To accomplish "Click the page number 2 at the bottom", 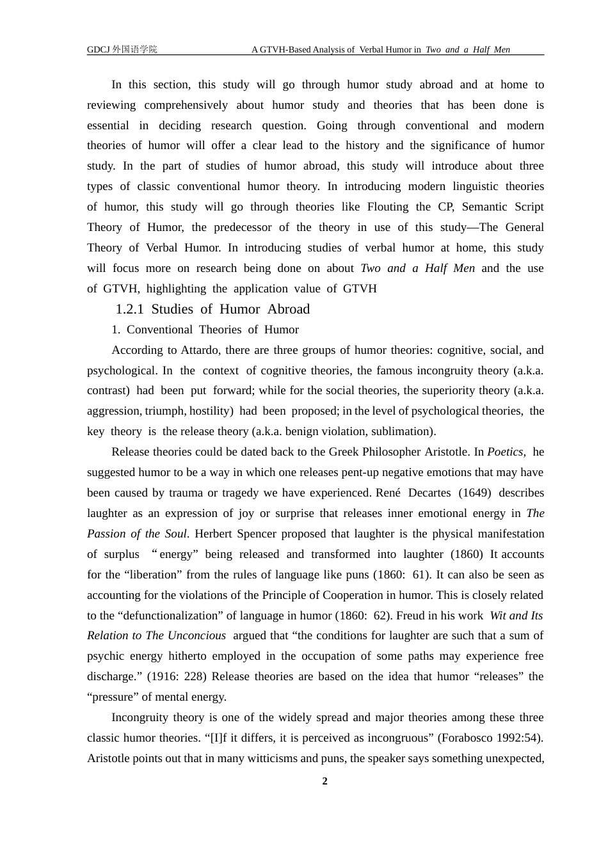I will (x=324, y=781).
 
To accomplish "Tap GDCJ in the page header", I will (x=99, y=49).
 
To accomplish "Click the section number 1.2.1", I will (x=129, y=309).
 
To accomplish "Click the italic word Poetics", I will (x=506, y=452).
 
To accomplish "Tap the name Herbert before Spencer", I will (x=214, y=534).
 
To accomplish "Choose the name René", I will (x=388, y=493).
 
